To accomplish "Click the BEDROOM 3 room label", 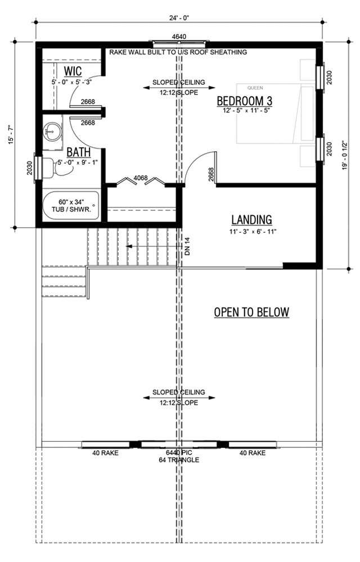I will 245,101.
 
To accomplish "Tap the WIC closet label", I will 73,71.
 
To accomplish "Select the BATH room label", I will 76,152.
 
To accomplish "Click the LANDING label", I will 251,220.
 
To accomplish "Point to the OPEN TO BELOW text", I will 251,312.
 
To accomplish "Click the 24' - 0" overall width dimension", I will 179,18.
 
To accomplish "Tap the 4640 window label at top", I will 179,37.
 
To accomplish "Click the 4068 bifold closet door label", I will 141,179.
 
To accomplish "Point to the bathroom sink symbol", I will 53,131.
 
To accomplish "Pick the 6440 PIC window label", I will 179,452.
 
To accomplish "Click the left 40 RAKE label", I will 104,452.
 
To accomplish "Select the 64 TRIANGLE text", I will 179,460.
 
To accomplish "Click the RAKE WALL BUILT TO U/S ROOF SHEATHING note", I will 179,52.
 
